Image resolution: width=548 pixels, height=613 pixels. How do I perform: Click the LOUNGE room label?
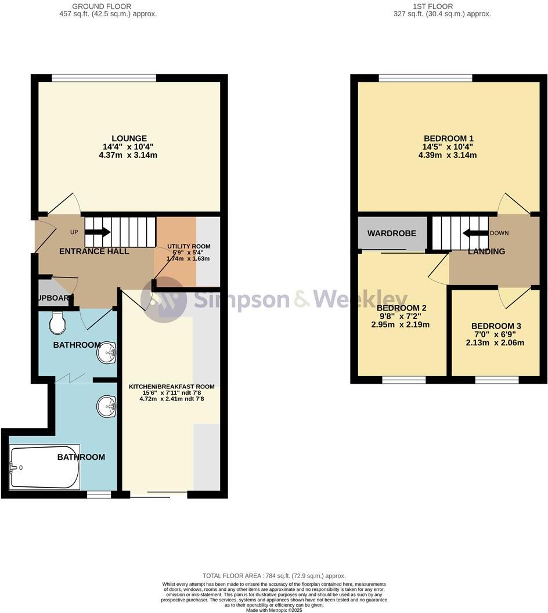(129, 139)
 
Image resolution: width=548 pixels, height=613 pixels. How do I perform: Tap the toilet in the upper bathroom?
(57, 323)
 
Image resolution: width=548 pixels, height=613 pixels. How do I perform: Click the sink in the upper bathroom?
(107, 352)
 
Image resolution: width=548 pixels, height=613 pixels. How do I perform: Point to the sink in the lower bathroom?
(106, 406)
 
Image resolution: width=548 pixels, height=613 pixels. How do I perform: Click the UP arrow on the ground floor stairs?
(98, 232)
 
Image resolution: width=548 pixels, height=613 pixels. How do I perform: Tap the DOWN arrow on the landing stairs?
(475, 233)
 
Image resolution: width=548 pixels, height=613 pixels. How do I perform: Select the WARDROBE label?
(392, 233)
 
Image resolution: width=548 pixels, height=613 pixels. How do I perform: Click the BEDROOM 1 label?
(449, 138)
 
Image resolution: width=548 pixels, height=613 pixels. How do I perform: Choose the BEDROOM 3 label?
(496, 326)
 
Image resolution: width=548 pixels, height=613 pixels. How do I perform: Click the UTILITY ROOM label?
(189, 247)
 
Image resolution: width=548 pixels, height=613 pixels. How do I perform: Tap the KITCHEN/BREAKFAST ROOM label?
(171, 387)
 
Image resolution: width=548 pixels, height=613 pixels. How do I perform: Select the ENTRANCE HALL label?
(94, 251)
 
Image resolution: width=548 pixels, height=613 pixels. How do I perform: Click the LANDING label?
(486, 251)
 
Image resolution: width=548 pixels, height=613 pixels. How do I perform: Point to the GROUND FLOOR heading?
(102, 6)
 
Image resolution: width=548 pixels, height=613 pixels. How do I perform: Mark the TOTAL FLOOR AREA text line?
(274, 576)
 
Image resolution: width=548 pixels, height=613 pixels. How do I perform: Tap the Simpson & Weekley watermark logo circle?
(164, 299)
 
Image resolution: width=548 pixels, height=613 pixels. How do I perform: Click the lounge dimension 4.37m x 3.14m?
(129, 155)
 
